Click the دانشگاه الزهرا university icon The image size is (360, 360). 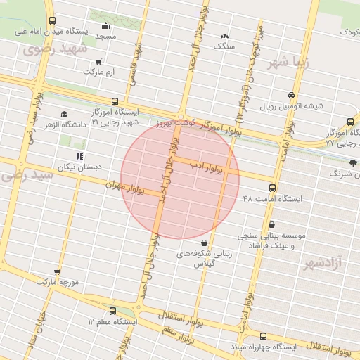tap(64, 114)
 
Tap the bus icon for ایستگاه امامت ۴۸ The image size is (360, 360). tap(273, 188)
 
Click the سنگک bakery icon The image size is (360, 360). tap(224, 36)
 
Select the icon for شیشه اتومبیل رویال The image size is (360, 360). tap(291, 96)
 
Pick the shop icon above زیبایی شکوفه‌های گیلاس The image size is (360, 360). tap(204, 243)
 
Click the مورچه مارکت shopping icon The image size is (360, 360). tap(57, 271)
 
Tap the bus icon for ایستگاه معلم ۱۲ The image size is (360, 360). tap(113, 310)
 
